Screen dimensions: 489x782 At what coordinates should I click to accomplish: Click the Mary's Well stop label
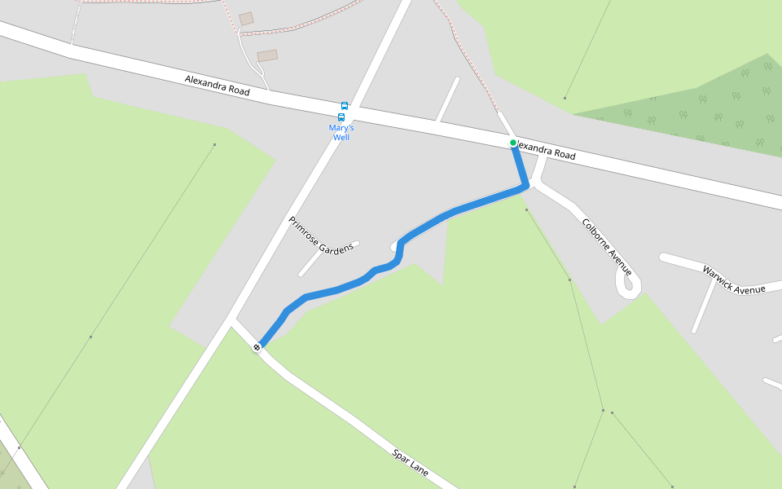point(340,132)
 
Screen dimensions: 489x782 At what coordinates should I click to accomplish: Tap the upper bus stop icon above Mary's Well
point(345,106)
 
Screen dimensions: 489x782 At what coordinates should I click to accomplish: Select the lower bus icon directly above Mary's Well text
point(341,117)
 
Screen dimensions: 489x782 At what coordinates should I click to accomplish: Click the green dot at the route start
point(513,143)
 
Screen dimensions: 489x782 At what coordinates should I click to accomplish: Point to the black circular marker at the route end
point(257,347)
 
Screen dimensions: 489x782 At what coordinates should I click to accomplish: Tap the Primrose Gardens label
point(321,235)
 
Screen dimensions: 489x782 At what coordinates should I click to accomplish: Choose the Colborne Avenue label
point(607,245)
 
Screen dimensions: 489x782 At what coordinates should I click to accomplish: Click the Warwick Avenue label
point(734,279)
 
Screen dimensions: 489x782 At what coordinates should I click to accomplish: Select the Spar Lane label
point(410,462)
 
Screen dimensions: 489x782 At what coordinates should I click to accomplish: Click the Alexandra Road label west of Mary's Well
point(217,86)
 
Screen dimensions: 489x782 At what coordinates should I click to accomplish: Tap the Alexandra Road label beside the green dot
point(546,151)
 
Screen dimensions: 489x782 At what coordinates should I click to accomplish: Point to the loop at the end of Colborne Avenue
point(628,284)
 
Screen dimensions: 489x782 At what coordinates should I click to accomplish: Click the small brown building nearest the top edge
point(246,18)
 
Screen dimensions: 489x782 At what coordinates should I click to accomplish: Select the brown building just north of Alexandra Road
point(267,55)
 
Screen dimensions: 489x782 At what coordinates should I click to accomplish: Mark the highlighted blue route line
point(456,210)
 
